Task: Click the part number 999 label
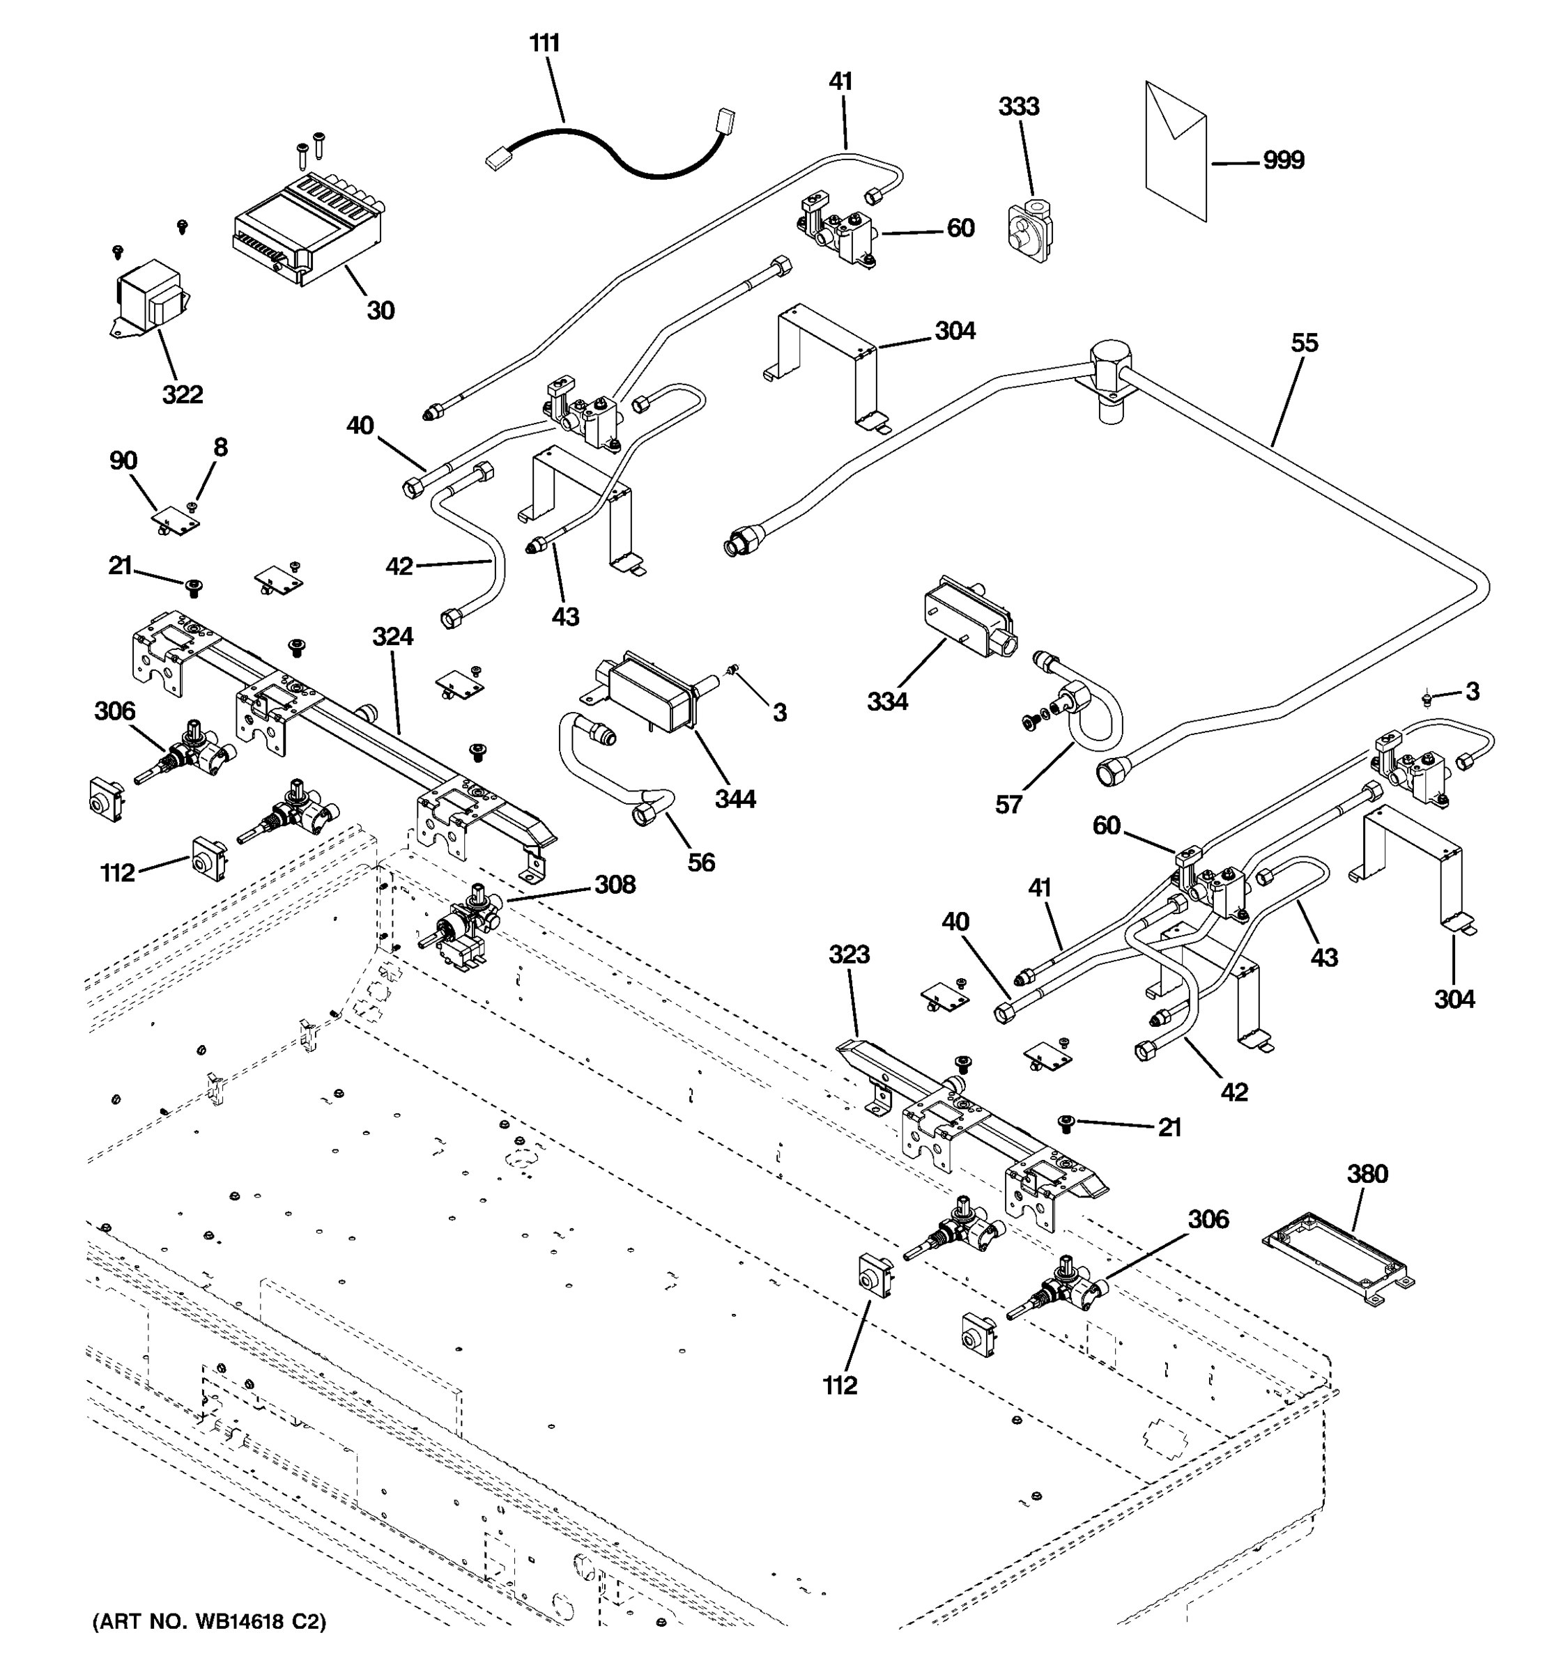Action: point(1283,160)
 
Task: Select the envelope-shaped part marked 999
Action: point(1175,151)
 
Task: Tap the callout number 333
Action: point(1018,107)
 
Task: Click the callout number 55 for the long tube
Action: point(1304,343)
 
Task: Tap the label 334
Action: point(887,701)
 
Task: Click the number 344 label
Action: point(735,798)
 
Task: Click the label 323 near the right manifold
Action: point(849,954)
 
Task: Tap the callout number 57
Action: point(1008,805)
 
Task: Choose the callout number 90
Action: point(123,461)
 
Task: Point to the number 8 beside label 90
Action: point(220,447)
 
